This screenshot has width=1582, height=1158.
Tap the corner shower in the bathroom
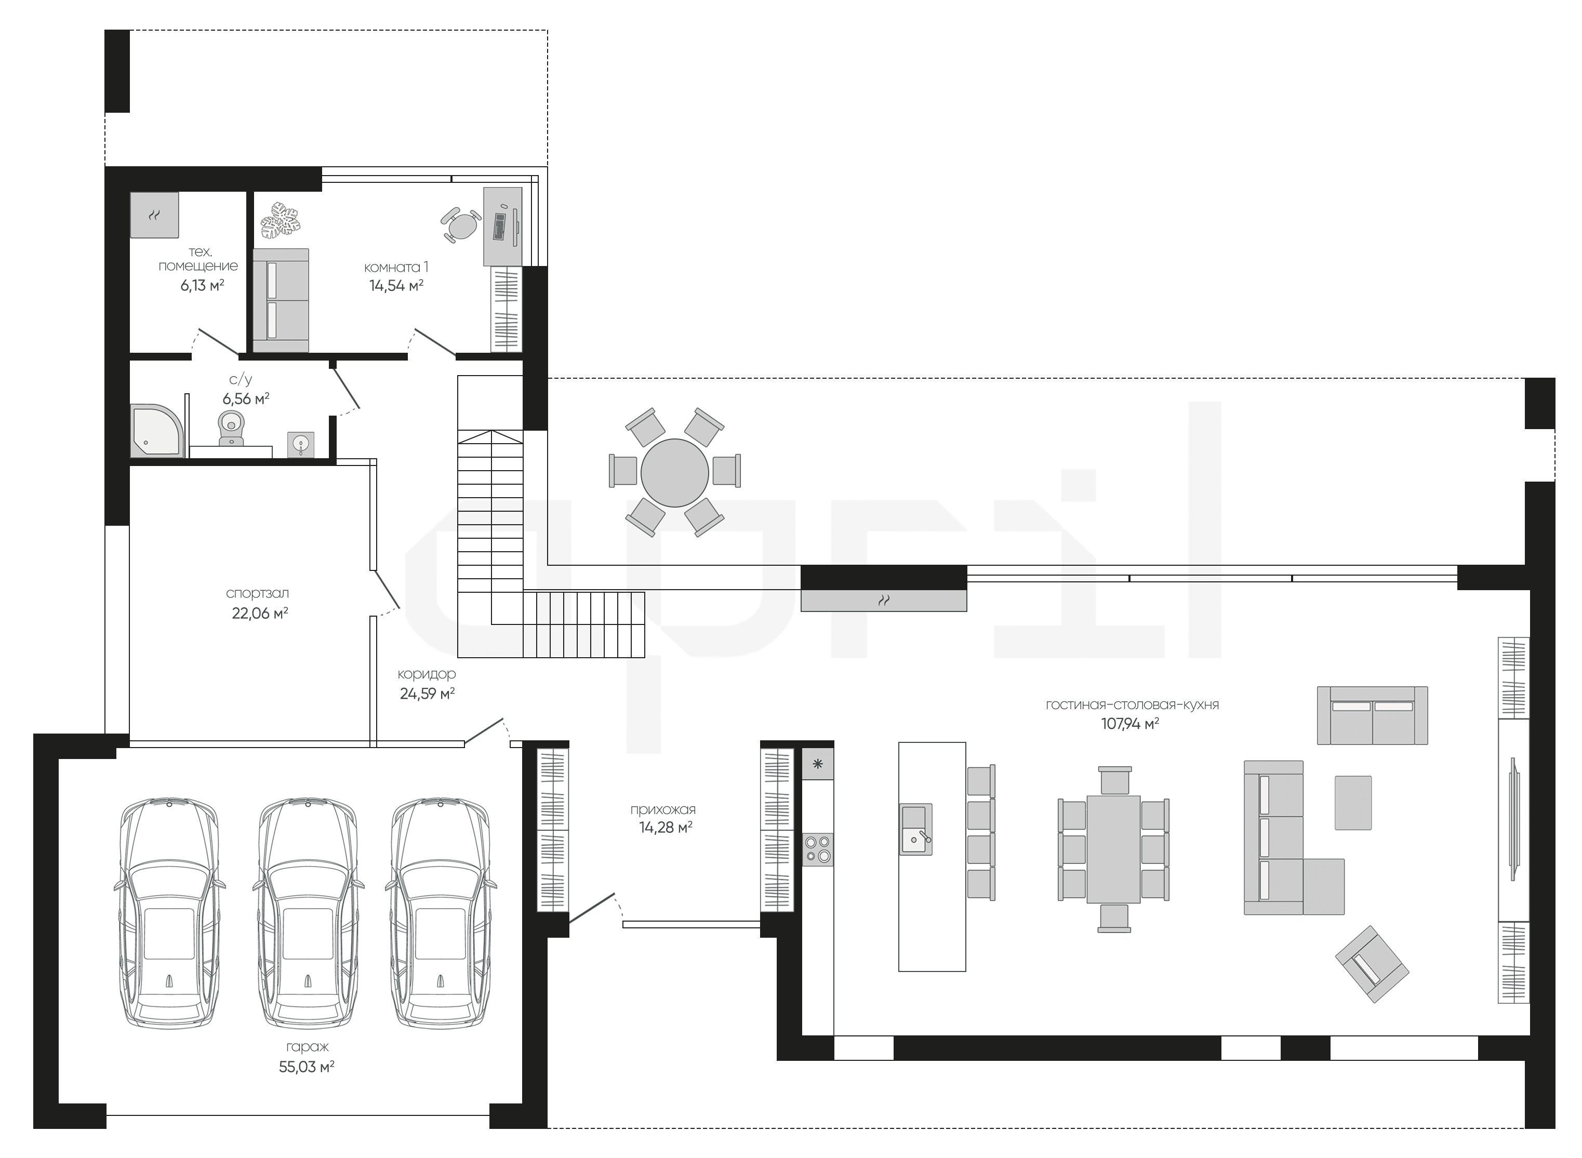point(157,430)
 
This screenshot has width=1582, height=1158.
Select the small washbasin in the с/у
point(301,444)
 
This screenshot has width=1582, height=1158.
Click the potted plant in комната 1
point(281,219)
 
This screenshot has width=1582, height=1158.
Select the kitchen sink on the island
point(915,829)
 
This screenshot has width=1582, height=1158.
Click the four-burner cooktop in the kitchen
point(818,849)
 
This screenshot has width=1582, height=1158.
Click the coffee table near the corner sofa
point(1353,803)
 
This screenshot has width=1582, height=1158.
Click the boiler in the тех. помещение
point(155,215)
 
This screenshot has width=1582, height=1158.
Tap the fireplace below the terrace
point(883,601)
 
